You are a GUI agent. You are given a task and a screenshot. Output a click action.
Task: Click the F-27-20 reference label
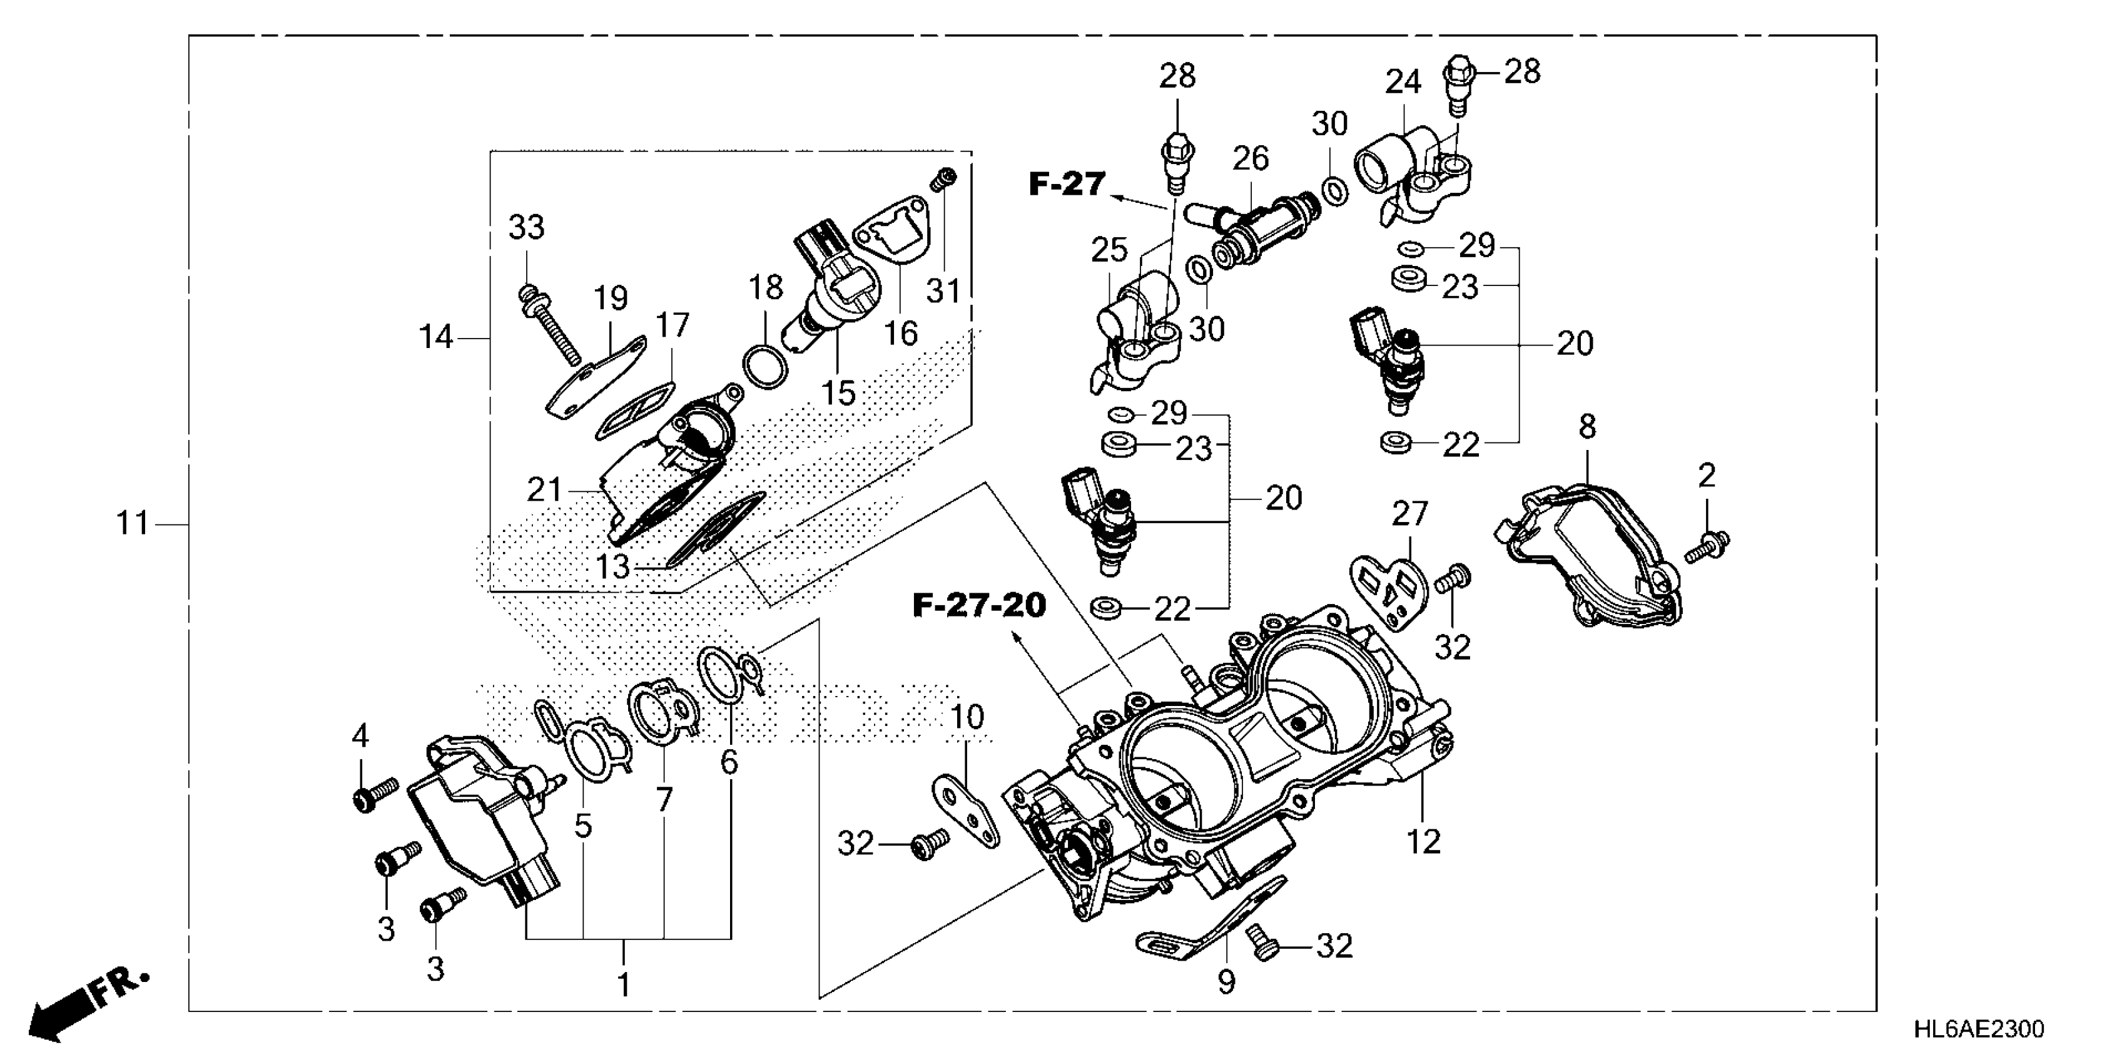(x=979, y=605)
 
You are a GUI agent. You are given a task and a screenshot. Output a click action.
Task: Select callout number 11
(x=132, y=523)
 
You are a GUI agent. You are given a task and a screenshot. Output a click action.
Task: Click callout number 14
(x=436, y=337)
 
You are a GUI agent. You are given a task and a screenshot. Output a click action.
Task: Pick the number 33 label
(x=527, y=227)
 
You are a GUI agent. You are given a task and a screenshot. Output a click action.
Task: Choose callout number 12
(x=1423, y=842)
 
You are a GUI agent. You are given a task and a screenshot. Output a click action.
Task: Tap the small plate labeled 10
(x=966, y=812)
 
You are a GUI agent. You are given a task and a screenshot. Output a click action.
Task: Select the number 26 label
(x=1250, y=158)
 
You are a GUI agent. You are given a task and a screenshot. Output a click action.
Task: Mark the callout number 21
(x=544, y=490)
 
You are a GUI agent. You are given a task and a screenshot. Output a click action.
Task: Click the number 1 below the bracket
(x=624, y=986)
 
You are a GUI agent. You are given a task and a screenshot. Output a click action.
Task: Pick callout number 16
(x=900, y=334)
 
